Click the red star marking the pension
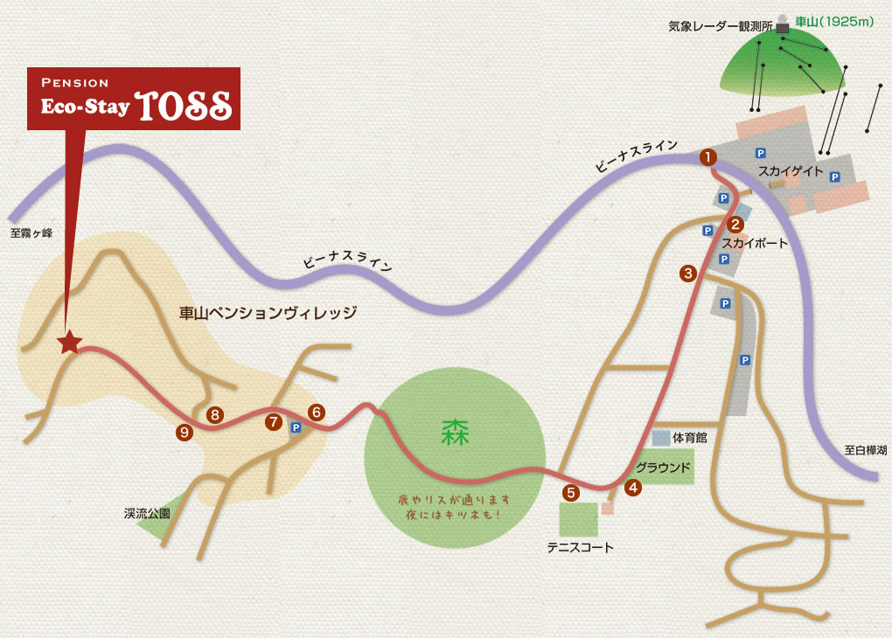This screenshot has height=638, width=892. tap(68, 343)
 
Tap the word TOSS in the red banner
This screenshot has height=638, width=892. tap(185, 105)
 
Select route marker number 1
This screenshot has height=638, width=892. tap(707, 157)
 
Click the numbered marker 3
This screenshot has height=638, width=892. tap(688, 274)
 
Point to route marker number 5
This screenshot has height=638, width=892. tap(571, 493)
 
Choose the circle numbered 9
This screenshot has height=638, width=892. tap(184, 431)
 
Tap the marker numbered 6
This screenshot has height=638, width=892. tap(317, 411)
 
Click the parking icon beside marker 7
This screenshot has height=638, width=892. tap(296, 428)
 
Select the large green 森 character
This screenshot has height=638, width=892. tap(455, 432)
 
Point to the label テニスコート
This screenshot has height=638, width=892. tap(580, 548)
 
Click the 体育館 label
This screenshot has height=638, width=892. tap(689, 437)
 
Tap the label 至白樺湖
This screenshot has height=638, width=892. tap(865, 450)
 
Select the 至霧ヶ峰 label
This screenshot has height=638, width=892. tap(31, 233)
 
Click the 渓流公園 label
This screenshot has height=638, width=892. tap(147, 514)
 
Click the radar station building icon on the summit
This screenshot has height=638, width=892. tap(782, 26)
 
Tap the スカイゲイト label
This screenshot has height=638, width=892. tap(790, 171)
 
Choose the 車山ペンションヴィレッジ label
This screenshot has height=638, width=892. tap(268, 312)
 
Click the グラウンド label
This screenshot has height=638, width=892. tap(663, 467)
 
